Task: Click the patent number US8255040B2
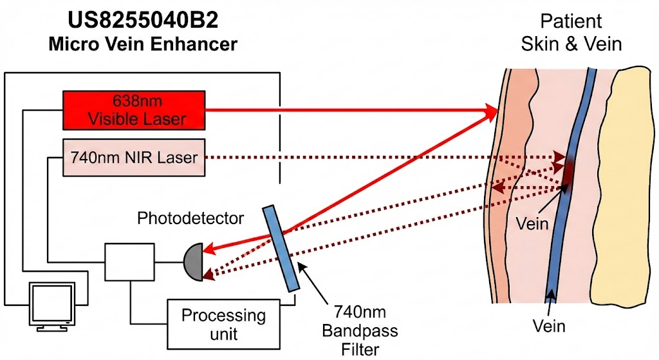pos(143,21)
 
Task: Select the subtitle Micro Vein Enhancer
pos(143,44)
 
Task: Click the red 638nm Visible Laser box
pos(134,110)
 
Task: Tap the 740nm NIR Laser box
pos(134,156)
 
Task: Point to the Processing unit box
pos(223,323)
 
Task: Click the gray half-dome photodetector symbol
pos(194,261)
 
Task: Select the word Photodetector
pos(190,219)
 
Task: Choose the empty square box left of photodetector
pos(130,261)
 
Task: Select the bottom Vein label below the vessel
pos(549,326)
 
